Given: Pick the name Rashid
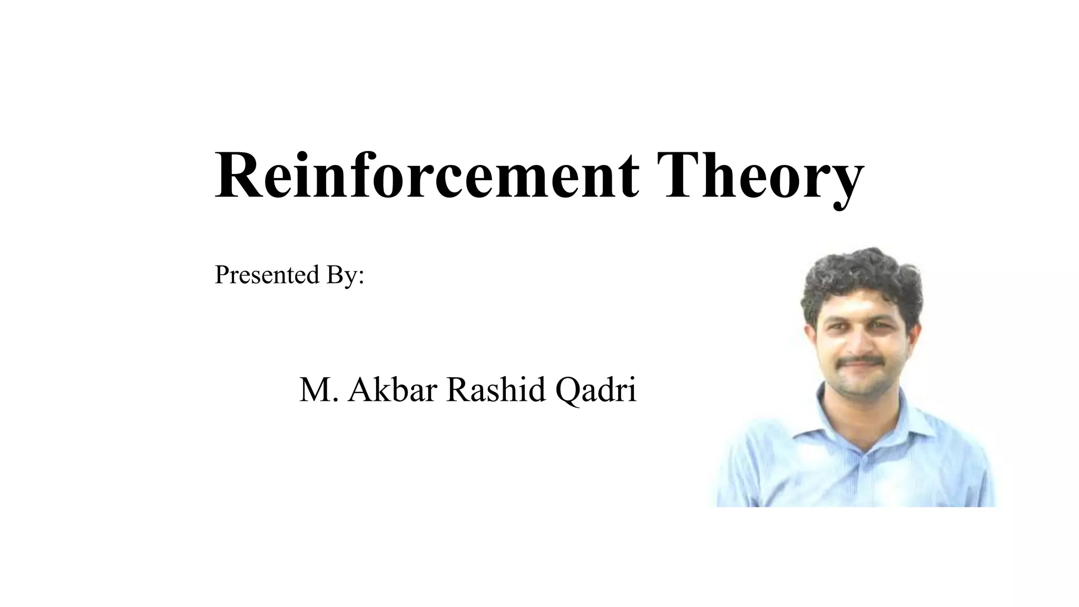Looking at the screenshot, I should pyautogui.click(x=496, y=390).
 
